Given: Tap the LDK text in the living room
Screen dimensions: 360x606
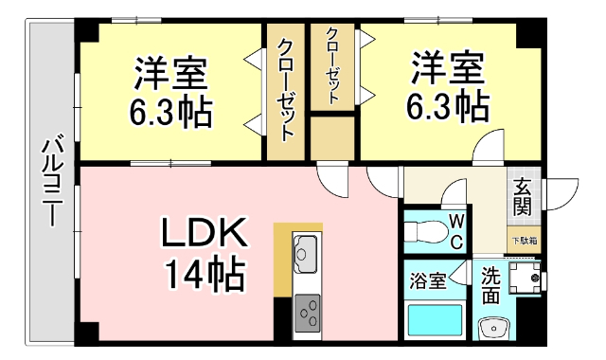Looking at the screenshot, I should [203, 232].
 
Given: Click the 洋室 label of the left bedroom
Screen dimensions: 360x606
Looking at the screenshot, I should [170, 72].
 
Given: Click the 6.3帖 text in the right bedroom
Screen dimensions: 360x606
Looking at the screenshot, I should [448, 107].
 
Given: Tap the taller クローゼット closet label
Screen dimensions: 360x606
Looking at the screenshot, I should [287, 88].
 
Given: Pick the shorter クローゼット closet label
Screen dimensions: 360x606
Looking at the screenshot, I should [333, 65].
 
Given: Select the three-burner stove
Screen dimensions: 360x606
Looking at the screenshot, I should [308, 311].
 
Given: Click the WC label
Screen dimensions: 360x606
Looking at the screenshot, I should [455, 231].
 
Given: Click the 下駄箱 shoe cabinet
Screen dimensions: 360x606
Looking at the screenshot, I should [525, 241].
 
